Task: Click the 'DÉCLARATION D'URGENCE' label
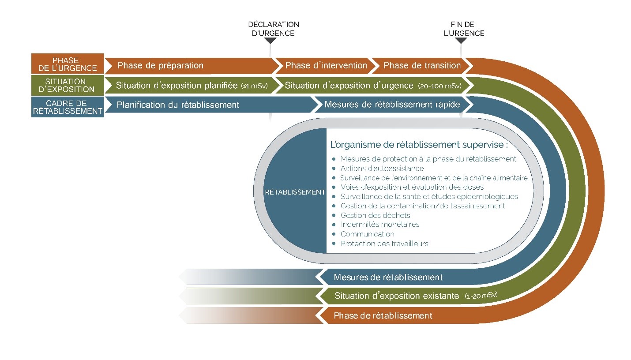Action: pos(274,29)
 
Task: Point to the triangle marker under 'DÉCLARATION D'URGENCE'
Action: pos(270,41)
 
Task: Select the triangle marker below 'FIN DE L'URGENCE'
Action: pos(461,41)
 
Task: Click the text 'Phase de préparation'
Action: pos(160,66)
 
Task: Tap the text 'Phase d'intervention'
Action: pos(326,66)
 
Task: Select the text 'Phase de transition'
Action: pos(422,66)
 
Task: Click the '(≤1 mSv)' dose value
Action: pos(255,86)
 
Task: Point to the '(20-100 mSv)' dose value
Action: pos(439,86)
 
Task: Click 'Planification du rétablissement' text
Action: pos(178,105)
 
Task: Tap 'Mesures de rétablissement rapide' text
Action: pos(392,105)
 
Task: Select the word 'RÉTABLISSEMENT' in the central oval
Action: pos(295,192)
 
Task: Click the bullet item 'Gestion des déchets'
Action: pos(375,215)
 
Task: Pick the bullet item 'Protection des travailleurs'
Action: pos(384,244)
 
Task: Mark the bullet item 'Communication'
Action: pos(367,234)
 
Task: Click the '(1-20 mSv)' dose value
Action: pos(484,296)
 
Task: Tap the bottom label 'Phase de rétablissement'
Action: pos(383,316)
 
